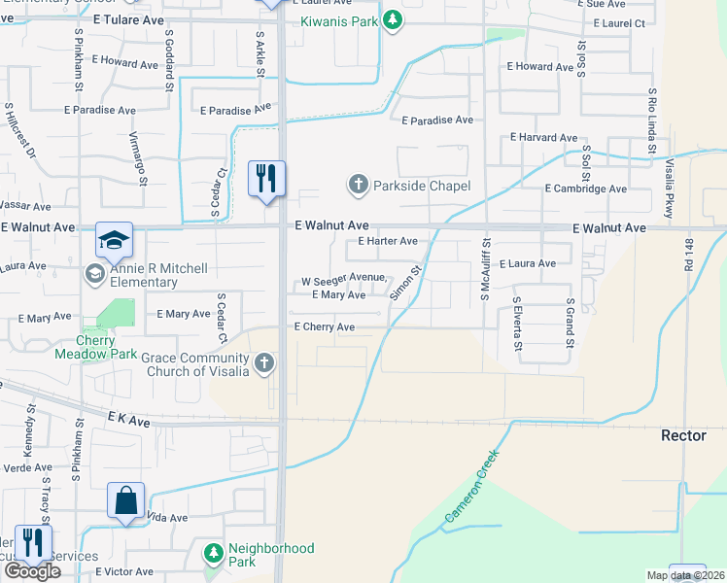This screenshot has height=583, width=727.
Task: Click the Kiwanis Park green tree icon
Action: click(392, 20)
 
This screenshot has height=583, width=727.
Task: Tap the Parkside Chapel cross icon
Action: click(358, 184)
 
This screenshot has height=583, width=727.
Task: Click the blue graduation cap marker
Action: click(114, 239)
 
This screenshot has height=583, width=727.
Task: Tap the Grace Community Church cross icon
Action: click(263, 364)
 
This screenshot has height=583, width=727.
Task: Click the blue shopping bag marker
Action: click(126, 500)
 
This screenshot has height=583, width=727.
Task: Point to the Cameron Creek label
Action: click(471, 489)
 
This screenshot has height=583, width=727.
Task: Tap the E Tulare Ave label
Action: click(129, 18)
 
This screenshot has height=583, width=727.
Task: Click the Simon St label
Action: click(405, 282)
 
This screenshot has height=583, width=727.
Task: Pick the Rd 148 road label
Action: click(688, 256)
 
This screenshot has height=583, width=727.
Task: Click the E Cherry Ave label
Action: click(325, 327)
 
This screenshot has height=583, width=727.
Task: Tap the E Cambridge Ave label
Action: click(585, 189)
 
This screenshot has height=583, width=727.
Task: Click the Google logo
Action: click(33, 571)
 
